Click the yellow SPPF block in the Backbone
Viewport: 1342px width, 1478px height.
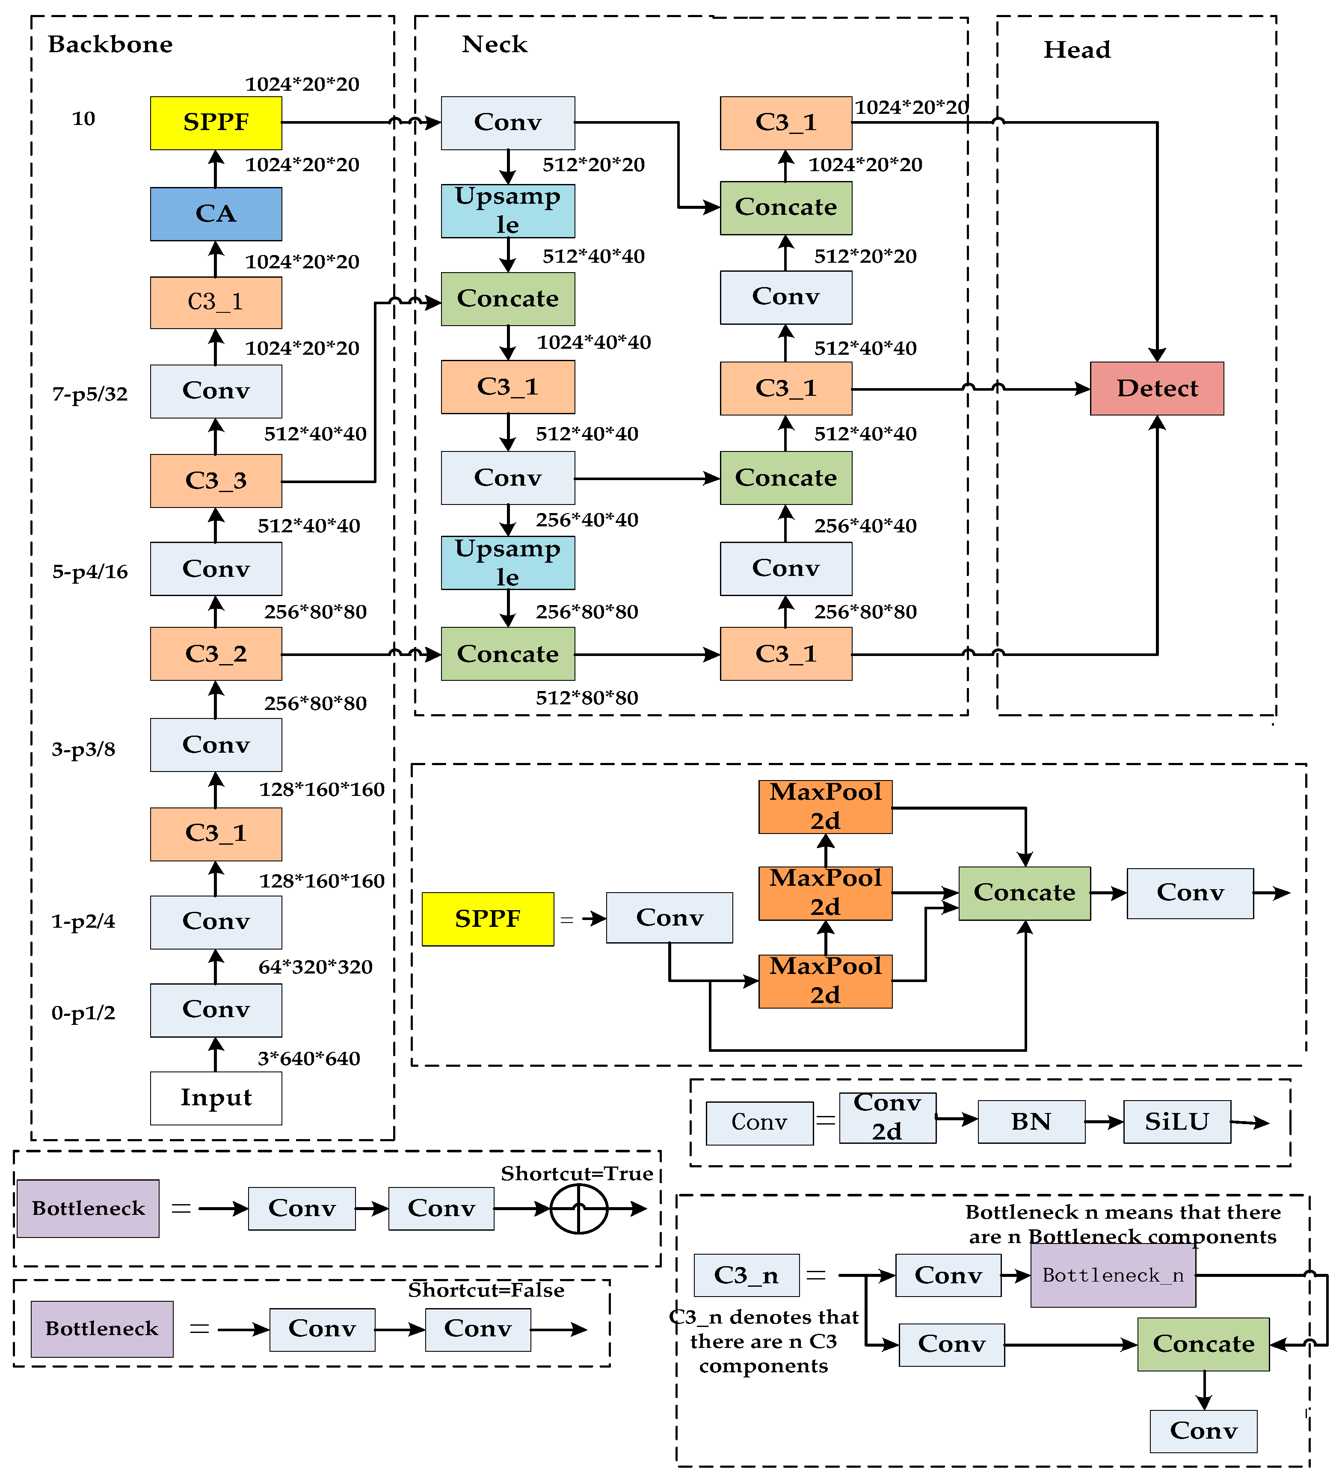216,122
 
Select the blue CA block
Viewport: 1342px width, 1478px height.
216,214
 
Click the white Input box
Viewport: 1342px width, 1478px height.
216,1098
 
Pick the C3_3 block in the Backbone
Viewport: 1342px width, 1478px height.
216,480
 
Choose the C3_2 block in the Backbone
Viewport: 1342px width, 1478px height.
216,653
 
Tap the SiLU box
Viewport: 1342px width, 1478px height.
1176,1121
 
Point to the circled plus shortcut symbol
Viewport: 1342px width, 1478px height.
578,1209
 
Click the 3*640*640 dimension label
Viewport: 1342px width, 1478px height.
308,1059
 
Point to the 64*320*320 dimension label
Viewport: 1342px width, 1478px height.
315,967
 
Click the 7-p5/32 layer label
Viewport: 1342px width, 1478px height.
89,395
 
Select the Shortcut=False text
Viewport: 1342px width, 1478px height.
486,1290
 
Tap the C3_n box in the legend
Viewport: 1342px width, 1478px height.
746,1275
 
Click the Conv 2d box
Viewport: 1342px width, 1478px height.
887,1116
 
